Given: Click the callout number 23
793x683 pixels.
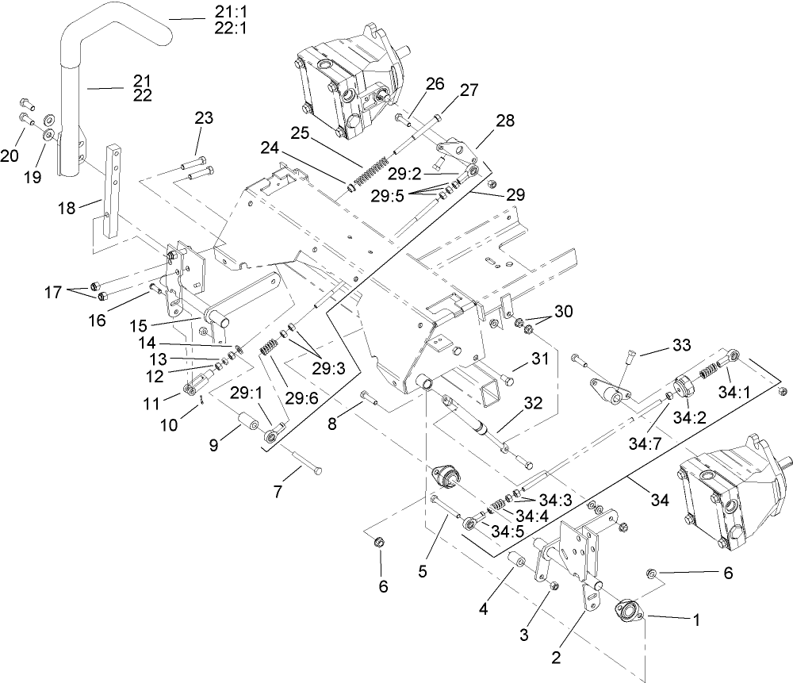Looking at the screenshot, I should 203,118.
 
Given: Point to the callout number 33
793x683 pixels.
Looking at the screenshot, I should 681,346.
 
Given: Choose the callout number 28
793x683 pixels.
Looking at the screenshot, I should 504,121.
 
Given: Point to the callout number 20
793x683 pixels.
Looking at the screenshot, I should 10,155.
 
